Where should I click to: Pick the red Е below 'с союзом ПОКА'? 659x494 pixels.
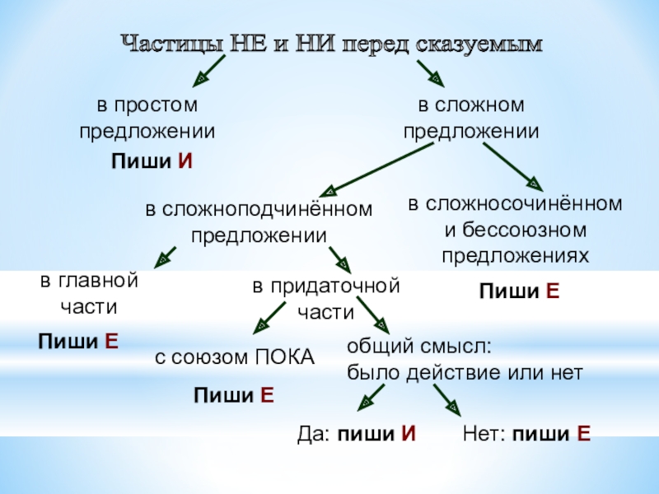tap(267, 396)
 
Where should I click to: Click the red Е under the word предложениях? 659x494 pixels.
tap(554, 291)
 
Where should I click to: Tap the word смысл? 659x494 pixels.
tap(465, 346)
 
